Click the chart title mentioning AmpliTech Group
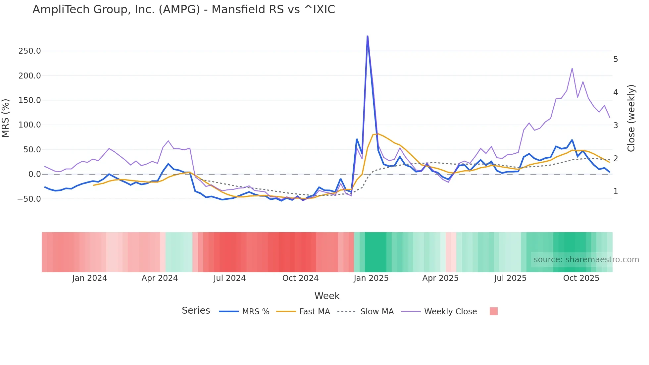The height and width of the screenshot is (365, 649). tap(183, 9)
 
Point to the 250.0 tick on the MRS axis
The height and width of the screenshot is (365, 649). tap(29, 51)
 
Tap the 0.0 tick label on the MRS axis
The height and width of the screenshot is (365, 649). tap(34, 174)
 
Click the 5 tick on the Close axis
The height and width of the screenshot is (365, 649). tap(615, 59)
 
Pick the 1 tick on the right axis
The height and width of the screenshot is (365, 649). tap(615, 191)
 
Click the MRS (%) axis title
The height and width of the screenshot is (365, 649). tap(6, 118)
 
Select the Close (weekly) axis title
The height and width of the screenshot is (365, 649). tap(631, 118)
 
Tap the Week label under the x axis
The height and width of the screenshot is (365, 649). tap(327, 296)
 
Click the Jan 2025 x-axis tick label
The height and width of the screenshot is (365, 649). tap(371, 278)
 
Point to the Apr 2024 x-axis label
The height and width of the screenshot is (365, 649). tap(160, 278)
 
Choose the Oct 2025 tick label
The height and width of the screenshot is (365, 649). tap(581, 278)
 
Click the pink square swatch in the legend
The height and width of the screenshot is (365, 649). tap(493, 311)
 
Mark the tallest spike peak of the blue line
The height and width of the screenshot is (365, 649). tap(368, 36)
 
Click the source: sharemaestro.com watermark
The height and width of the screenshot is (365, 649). tap(586, 260)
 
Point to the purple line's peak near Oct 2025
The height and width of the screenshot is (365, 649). tap(572, 69)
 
